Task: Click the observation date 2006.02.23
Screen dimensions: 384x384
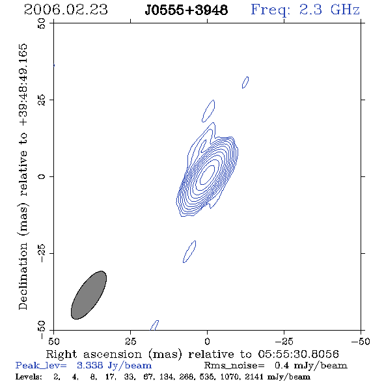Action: [66, 10]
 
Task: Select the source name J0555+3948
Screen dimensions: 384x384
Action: [186, 10]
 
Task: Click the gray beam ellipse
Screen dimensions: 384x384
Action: [89, 295]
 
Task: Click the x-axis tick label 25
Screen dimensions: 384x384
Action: [130, 341]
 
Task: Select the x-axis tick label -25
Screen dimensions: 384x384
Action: [284, 341]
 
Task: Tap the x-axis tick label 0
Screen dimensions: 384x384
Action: [207, 341]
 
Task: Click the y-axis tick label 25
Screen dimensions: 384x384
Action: [42, 100]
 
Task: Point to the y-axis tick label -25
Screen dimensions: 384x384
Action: [42, 253]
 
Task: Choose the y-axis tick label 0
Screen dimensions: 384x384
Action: [42, 176]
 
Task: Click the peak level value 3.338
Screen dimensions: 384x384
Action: [90, 365]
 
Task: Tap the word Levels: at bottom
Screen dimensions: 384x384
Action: [29, 376]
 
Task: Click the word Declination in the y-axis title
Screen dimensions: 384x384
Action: [23, 277]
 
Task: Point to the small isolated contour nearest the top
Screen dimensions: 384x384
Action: [245, 82]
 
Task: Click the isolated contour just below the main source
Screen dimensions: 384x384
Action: [189, 251]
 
